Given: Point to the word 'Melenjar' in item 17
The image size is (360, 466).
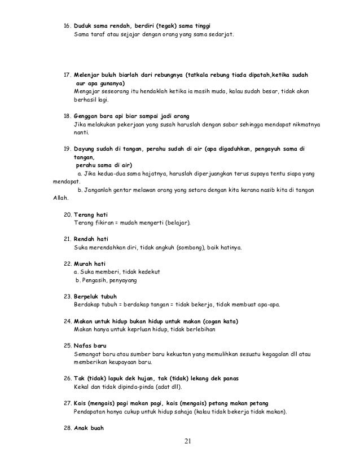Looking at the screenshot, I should pos(88,74).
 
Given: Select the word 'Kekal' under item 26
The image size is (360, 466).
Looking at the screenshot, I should pos(82,386).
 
